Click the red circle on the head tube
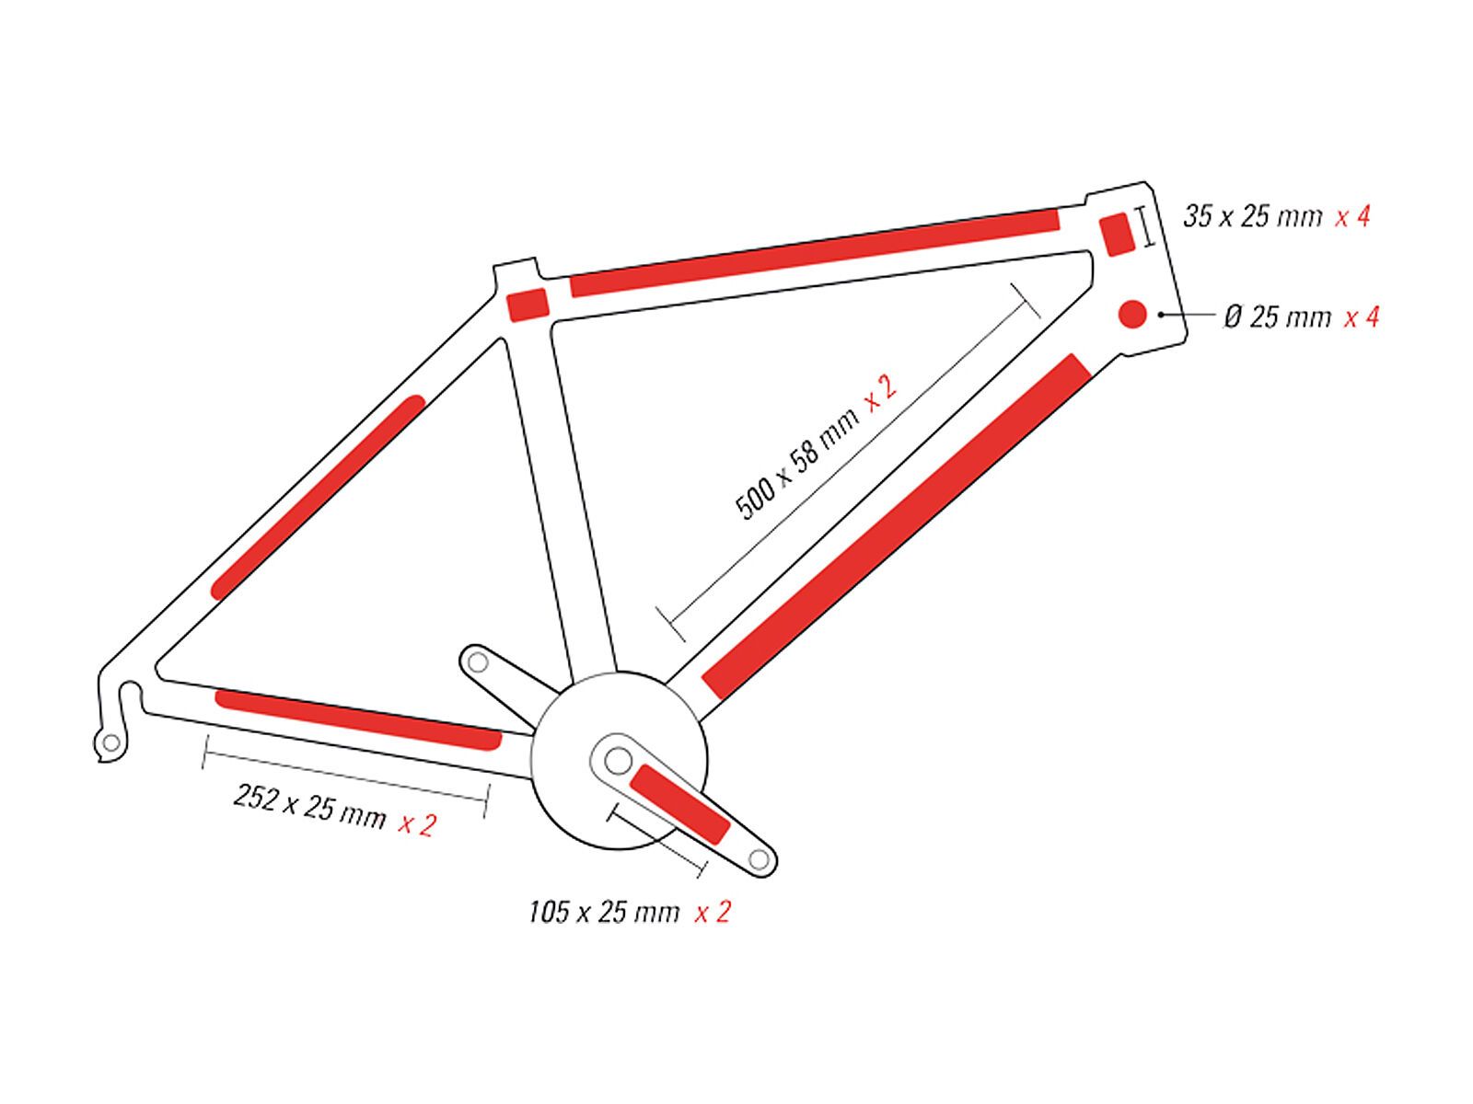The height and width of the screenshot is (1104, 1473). tap(1132, 314)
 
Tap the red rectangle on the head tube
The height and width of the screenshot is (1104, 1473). tap(1117, 235)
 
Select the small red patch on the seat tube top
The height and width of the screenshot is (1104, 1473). tap(528, 305)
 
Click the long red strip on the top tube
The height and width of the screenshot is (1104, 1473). tap(815, 253)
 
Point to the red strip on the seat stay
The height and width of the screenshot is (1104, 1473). tap(318, 497)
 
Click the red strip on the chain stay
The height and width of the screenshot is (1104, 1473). tap(358, 720)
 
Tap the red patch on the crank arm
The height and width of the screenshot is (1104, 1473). tap(679, 804)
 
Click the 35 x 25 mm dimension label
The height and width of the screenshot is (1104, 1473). tap(1252, 216)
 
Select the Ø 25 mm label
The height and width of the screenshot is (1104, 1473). tap(1277, 316)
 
